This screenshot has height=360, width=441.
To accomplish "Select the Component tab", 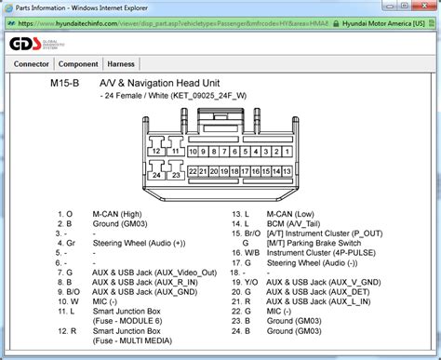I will pos(79,64).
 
